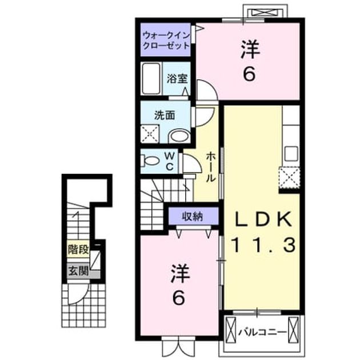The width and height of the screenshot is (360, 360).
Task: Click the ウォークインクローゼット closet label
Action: coord(166,41)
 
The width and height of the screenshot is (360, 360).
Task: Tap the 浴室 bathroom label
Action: coord(177,79)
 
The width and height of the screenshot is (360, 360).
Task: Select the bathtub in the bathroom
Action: coord(151,78)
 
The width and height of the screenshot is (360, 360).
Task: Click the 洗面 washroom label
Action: coord(165,115)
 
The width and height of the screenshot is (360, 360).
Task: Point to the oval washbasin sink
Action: coord(180,135)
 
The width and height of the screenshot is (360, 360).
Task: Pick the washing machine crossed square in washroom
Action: coord(150,134)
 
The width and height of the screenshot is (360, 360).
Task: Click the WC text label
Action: coord(170,162)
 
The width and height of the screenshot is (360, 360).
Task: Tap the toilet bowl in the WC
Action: coord(150,161)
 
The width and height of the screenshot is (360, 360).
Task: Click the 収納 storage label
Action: coord(193,216)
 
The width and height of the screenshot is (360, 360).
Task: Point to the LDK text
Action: coord(262,220)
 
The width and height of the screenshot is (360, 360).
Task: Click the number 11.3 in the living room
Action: coord(263,245)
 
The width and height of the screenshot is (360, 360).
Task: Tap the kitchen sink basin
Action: coord(291,154)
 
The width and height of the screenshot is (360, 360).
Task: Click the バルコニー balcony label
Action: coord(262,332)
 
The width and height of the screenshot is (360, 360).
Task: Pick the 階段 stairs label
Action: coord(78,250)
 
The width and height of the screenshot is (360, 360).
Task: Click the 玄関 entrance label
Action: coord(78,271)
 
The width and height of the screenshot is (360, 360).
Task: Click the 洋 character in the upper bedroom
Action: coord(250,50)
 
